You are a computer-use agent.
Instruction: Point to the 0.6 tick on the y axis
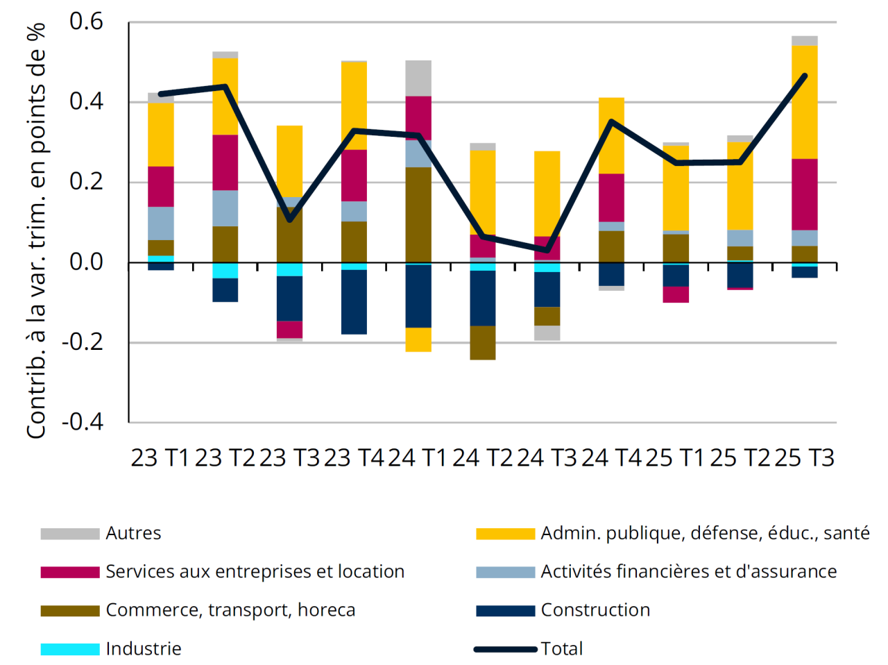(x=86, y=22)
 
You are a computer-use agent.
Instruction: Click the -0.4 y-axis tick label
(x=82, y=422)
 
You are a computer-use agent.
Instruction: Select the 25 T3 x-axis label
(x=804, y=458)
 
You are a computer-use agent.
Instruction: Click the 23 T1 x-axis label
(x=160, y=458)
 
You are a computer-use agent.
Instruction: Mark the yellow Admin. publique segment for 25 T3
(x=805, y=102)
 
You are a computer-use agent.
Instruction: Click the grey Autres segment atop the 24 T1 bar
(x=418, y=78)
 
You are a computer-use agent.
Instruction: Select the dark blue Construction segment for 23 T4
(x=354, y=302)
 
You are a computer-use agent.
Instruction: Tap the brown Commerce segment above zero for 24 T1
(x=418, y=214)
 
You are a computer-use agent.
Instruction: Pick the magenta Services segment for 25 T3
(x=805, y=194)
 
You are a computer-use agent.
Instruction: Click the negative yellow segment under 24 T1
(x=418, y=339)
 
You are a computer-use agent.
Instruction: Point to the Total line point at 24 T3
(x=547, y=250)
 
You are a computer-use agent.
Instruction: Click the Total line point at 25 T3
(x=805, y=76)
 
